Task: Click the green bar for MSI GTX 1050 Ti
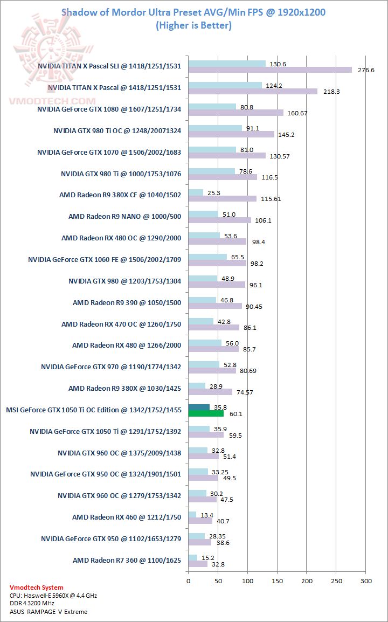pyautogui.click(x=206, y=413)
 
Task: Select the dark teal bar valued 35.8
pyautogui.click(x=199, y=407)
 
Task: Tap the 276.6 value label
pyautogui.click(x=366, y=70)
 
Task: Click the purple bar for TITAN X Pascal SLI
pyautogui.click(x=270, y=70)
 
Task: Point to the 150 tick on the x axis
pyautogui.click(x=277, y=580)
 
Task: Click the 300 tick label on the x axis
pyautogui.click(x=366, y=580)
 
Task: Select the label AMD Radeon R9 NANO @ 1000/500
pyautogui.click(x=124, y=217)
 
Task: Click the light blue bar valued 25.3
pyautogui.click(x=196, y=192)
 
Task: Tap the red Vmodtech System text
pyautogui.click(x=36, y=588)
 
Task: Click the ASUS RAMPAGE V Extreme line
pyautogui.click(x=48, y=612)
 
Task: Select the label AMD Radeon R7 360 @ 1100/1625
pyautogui.click(x=127, y=561)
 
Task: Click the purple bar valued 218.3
pyautogui.click(x=253, y=92)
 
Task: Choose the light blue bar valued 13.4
pyautogui.click(x=192, y=515)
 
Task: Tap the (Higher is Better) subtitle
pyautogui.click(x=193, y=25)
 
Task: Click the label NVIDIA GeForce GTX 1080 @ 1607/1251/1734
pyautogui.click(x=109, y=109)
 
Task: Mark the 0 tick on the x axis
pyautogui.click(x=188, y=580)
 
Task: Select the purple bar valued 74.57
pyautogui.click(x=210, y=392)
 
